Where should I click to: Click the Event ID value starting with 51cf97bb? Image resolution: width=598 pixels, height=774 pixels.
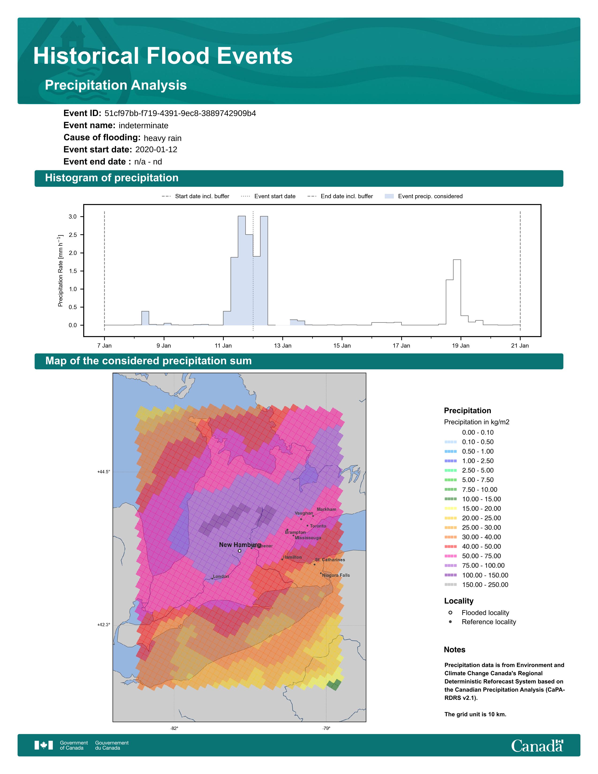pyautogui.click(x=180, y=114)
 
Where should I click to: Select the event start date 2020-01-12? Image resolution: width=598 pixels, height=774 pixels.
pyautogui.click(x=156, y=150)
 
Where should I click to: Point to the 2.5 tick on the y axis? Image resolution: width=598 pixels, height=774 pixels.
pyautogui.click(x=73, y=235)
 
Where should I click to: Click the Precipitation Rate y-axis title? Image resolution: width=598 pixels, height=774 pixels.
pyautogui.click(x=60, y=270)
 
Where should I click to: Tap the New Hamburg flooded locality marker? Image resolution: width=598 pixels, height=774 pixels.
pyautogui.click(x=239, y=551)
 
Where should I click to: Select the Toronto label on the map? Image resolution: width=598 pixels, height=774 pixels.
pyautogui.click(x=318, y=526)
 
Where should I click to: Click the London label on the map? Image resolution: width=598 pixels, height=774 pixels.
pyautogui.click(x=221, y=576)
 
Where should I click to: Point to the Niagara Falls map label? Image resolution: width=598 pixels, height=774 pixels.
pyautogui.click(x=336, y=575)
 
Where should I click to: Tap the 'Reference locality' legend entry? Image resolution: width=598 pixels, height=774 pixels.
pyautogui.click(x=488, y=622)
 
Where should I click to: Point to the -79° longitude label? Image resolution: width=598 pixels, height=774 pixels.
pyautogui.click(x=326, y=728)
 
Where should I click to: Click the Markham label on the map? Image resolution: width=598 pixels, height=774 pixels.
pyautogui.click(x=326, y=509)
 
